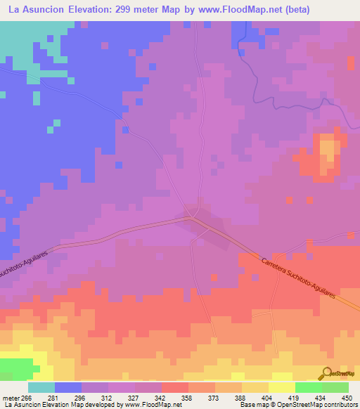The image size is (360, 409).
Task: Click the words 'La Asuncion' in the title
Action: coord(33,10)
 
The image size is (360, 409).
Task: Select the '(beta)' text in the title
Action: coord(306,10)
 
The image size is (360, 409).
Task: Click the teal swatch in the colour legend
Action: coord(41,387)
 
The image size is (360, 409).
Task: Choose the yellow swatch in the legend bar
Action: coord(282,387)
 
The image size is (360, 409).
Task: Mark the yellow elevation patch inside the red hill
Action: coord(328,152)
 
